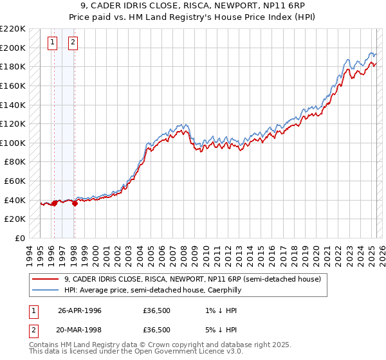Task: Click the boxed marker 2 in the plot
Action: pos(73,43)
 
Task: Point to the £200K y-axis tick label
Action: pos(13,48)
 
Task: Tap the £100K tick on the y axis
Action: pos(13,143)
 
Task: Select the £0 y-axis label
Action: pos(20,238)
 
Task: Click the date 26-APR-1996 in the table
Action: pos(79,310)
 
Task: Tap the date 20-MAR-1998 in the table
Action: pos(79,330)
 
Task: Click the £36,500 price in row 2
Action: pos(156,330)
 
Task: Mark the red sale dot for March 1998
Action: pos(75,203)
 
